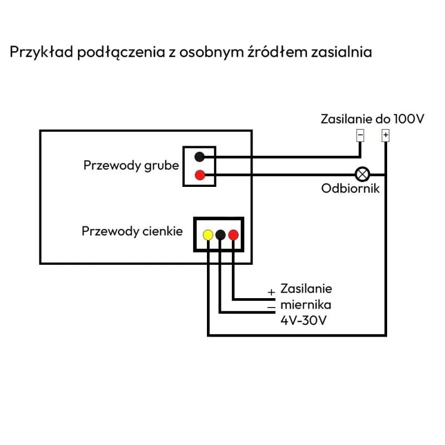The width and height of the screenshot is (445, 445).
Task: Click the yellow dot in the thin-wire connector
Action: point(207,235)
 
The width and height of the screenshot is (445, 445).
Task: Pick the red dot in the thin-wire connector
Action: point(234,235)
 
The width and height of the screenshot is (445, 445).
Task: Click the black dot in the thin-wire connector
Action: point(221,235)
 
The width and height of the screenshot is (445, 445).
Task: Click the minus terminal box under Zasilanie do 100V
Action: point(360,135)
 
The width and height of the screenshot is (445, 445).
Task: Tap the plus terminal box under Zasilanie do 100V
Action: point(385,135)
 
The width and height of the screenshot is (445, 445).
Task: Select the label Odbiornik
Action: point(350,189)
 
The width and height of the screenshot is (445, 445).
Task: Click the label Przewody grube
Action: point(131,166)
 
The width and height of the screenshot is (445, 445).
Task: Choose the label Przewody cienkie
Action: point(132,231)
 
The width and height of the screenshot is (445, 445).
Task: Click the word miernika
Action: point(306,305)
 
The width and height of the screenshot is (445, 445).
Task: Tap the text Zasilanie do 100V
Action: point(372,119)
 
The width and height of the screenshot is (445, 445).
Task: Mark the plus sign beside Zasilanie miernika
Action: point(271,292)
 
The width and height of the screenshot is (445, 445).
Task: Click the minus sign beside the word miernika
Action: point(271,307)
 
